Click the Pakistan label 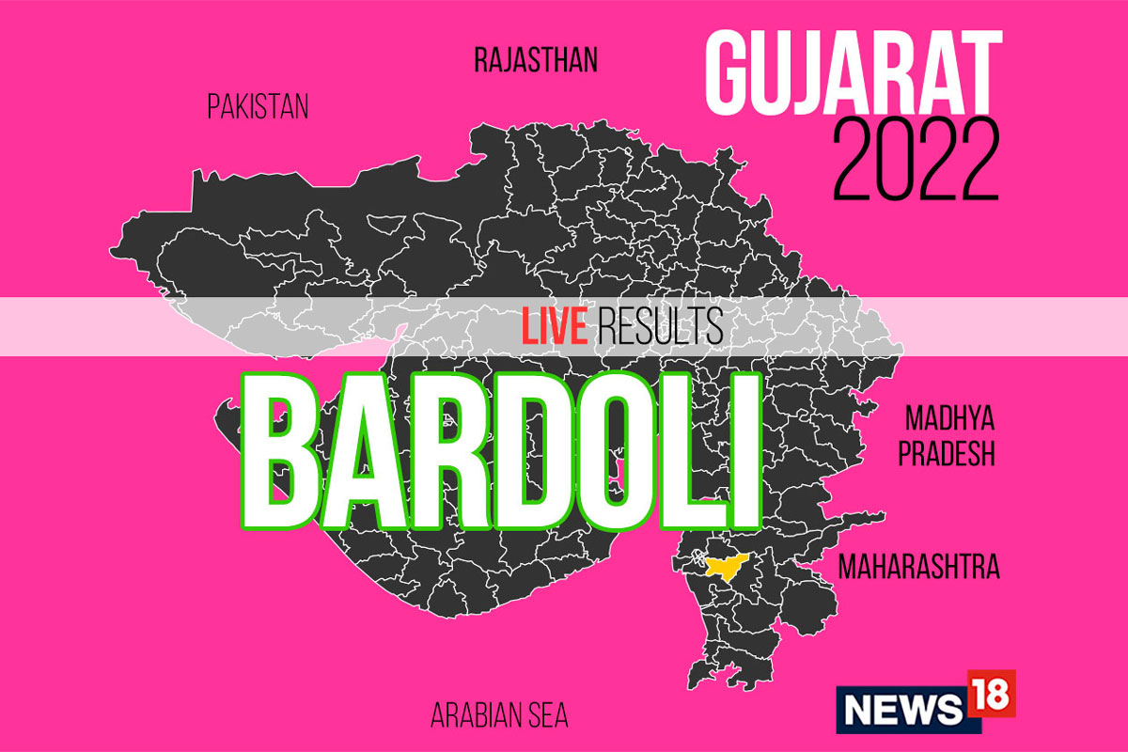tap(258, 107)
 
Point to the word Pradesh tap(946, 455)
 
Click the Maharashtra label tap(918, 567)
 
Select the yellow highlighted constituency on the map tap(724, 568)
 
